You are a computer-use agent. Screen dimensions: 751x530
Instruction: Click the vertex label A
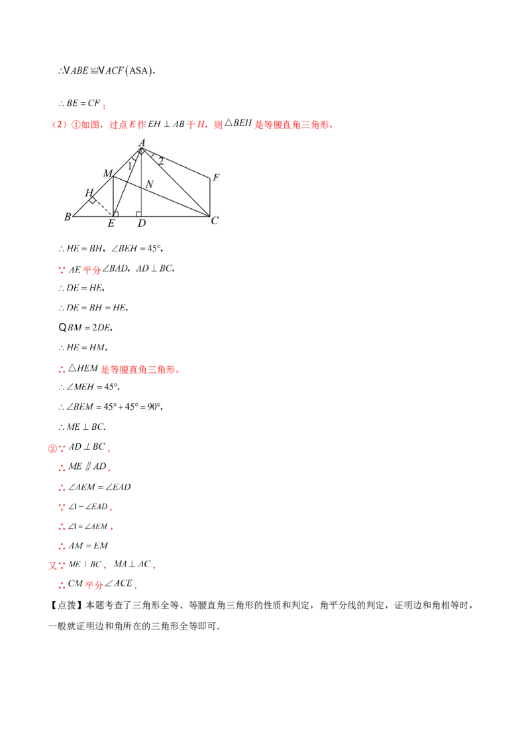[x=142, y=142]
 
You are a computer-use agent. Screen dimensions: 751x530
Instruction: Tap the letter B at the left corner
[x=68, y=216]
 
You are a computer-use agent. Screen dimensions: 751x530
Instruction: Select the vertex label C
[x=215, y=220]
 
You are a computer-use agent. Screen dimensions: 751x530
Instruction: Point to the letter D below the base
[x=142, y=224]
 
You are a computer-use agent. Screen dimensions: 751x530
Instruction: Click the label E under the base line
[x=111, y=224]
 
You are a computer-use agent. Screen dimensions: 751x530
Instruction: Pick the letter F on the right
[x=216, y=178]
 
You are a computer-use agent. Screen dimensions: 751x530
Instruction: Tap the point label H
[x=88, y=192]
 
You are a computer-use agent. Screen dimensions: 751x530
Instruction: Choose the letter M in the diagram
[x=107, y=173]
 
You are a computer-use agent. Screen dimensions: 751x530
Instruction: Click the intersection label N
[x=150, y=184]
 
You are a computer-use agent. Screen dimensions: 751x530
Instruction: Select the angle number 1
[x=130, y=166]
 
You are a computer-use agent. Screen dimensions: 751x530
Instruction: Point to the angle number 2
[x=160, y=161]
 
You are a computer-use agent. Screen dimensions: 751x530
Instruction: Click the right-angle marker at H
[x=94, y=200]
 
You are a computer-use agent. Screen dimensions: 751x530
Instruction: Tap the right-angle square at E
[x=116, y=214]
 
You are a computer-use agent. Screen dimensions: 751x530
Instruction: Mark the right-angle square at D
[x=138, y=214]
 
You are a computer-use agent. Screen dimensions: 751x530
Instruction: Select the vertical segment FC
[x=211, y=198]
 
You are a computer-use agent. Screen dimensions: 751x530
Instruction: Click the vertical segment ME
[x=113, y=196]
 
